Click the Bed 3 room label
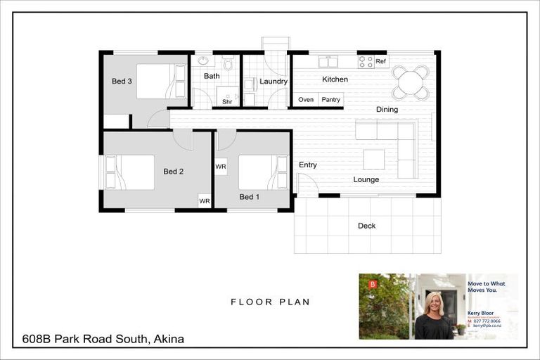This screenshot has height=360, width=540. coord(122,82)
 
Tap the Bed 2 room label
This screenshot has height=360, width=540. coord(173,171)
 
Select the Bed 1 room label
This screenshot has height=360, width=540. coord(249,197)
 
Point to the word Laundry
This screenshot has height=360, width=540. coord(273,82)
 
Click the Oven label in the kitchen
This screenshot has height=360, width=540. coord(306,100)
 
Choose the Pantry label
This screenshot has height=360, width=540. coord(330,100)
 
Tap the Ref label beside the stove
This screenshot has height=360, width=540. coord(380,62)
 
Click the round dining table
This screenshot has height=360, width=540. coord(410,82)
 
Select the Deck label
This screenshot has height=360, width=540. coord(366,226)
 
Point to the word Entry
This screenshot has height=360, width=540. coord(307,165)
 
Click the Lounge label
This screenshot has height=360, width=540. coord(366,180)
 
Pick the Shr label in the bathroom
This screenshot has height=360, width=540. coord(227,102)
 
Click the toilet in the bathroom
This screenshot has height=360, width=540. coord(228,65)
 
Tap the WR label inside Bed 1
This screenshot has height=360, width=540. coord(221,167)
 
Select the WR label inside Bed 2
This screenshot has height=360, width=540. coord(204,201)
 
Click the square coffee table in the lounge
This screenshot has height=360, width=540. coord(374,160)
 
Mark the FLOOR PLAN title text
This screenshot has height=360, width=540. coord(271,302)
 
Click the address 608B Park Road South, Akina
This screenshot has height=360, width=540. coord(103,339)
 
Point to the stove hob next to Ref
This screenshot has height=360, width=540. coord(366,62)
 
